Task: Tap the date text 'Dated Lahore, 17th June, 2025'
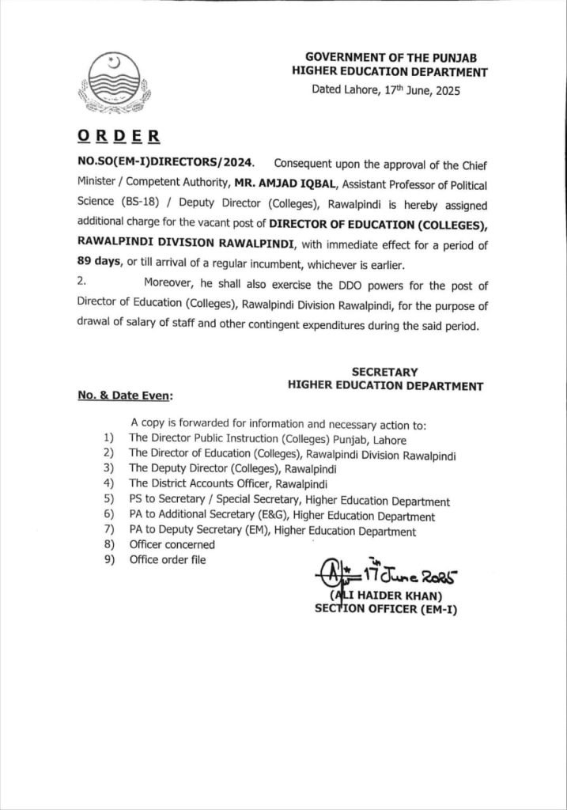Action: coord(385,91)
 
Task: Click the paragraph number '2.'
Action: coord(82,284)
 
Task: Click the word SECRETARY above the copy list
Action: coord(384,372)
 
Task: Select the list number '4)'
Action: coord(108,483)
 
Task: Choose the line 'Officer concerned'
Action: coord(172,544)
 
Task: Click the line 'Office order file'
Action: coord(168,560)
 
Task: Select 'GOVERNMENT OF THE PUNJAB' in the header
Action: coord(395,58)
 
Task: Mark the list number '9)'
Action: coord(108,560)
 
